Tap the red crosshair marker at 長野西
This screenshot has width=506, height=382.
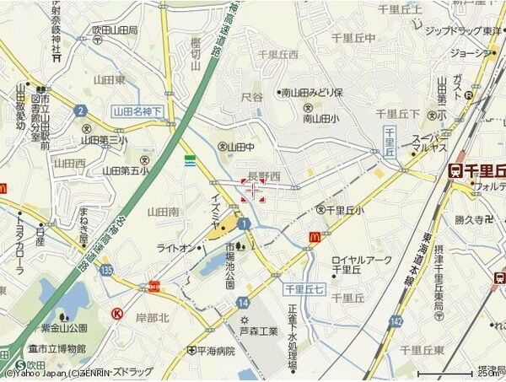(252, 190)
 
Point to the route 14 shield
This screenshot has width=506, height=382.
(244, 301)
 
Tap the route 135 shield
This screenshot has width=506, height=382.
(105, 271)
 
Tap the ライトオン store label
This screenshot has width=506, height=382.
(176, 247)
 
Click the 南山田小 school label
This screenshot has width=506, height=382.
(322, 120)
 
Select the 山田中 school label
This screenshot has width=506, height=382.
(240, 146)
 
